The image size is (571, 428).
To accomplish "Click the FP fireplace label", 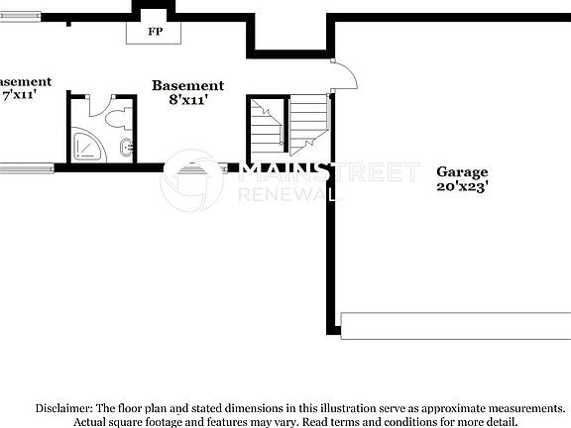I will [x=155, y=32].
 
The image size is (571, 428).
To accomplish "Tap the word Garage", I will [x=462, y=171].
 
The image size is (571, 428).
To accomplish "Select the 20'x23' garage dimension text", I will [x=462, y=186].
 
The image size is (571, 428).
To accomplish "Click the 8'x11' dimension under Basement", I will [x=187, y=100].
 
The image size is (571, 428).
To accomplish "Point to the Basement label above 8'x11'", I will [x=187, y=86].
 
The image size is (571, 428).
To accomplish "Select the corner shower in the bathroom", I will [x=87, y=145].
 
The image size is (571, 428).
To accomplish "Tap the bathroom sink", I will [x=126, y=149].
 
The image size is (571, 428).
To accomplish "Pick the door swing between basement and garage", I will [x=342, y=74].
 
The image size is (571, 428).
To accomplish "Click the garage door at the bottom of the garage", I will [x=455, y=324].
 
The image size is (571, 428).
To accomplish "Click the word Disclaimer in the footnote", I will [x=63, y=408].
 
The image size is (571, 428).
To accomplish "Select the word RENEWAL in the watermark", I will [x=287, y=194].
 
